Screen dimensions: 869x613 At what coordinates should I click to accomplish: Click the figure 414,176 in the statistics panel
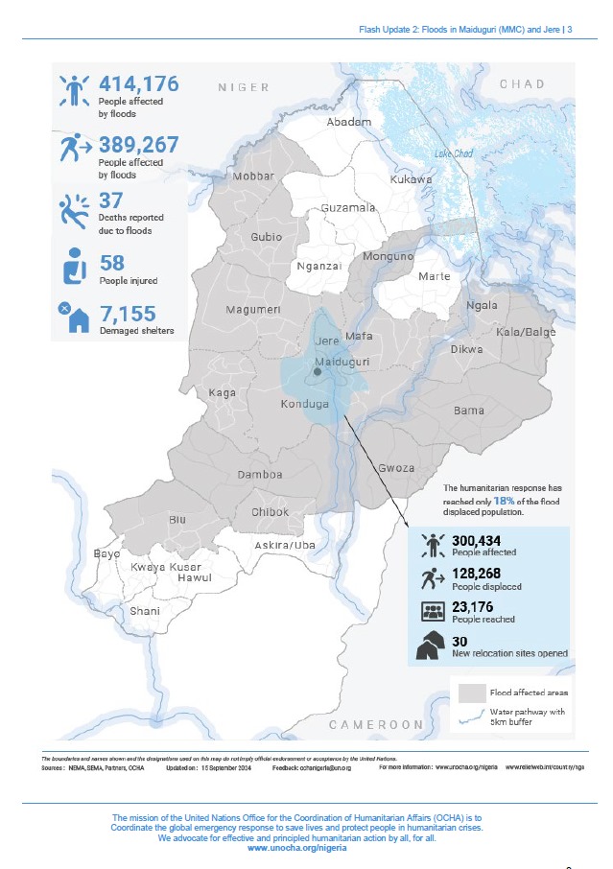pyautogui.click(x=138, y=87)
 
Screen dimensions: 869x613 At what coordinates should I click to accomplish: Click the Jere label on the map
pyautogui.click(x=326, y=341)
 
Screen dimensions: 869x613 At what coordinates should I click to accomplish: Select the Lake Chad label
pyautogui.click(x=453, y=153)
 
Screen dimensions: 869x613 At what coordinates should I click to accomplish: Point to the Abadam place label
pyautogui.click(x=348, y=123)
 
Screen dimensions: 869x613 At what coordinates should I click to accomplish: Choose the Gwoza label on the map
pyautogui.click(x=395, y=468)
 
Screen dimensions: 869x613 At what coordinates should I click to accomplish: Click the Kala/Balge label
pyautogui.click(x=527, y=331)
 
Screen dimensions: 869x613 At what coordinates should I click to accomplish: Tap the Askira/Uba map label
pyautogui.click(x=285, y=545)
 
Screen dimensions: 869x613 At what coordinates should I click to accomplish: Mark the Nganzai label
pyautogui.click(x=319, y=266)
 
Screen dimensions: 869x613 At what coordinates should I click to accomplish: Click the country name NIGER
pyautogui.click(x=244, y=87)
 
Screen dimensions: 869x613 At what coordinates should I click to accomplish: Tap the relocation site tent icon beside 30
pyautogui.click(x=432, y=646)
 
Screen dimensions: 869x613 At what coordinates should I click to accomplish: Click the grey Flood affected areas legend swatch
pyautogui.click(x=471, y=692)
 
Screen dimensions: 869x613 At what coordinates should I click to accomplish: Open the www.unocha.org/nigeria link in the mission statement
pyautogui.click(x=297, y=849)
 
